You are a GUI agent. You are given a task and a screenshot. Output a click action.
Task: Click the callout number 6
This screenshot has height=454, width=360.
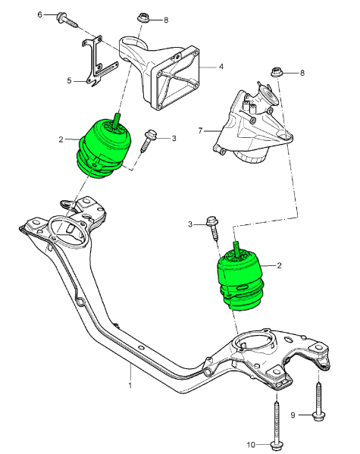[40, 14]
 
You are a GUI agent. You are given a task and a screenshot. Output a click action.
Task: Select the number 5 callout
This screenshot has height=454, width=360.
[69, 80]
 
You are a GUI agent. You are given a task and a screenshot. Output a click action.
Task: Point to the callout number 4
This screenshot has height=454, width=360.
[221, 67]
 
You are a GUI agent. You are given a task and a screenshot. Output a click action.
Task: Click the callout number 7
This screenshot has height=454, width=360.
[200, 130]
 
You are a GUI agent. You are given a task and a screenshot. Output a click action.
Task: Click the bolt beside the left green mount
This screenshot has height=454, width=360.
[150, 139]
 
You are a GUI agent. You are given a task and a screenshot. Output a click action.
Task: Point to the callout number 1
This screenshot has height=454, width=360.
[130, 385]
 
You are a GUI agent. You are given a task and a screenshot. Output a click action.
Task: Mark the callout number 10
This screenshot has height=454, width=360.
[252, 444]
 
